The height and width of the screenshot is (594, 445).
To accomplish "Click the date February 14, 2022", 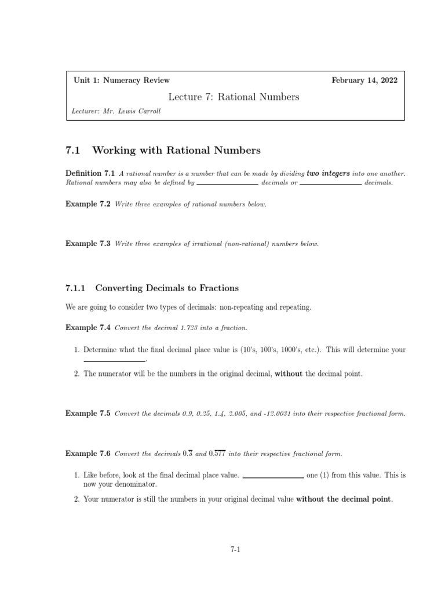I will [364, 81].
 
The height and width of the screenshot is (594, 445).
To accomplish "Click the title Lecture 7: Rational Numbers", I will [234, 97].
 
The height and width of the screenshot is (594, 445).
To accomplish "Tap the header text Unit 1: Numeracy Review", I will [122, 81].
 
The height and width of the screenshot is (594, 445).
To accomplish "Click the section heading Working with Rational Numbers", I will [176, 151].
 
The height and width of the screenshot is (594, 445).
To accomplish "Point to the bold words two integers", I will [329, 173].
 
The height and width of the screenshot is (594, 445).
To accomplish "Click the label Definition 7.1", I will [91, 173].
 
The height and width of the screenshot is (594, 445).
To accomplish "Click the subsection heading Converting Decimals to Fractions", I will [166, 288].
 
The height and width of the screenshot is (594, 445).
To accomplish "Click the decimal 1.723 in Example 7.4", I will [192, 328].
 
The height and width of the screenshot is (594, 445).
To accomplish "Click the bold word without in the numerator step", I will [288, 374].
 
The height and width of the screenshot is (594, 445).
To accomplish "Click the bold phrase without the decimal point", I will [344, 498].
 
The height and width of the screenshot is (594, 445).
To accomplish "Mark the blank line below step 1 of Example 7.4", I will [114, 361].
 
